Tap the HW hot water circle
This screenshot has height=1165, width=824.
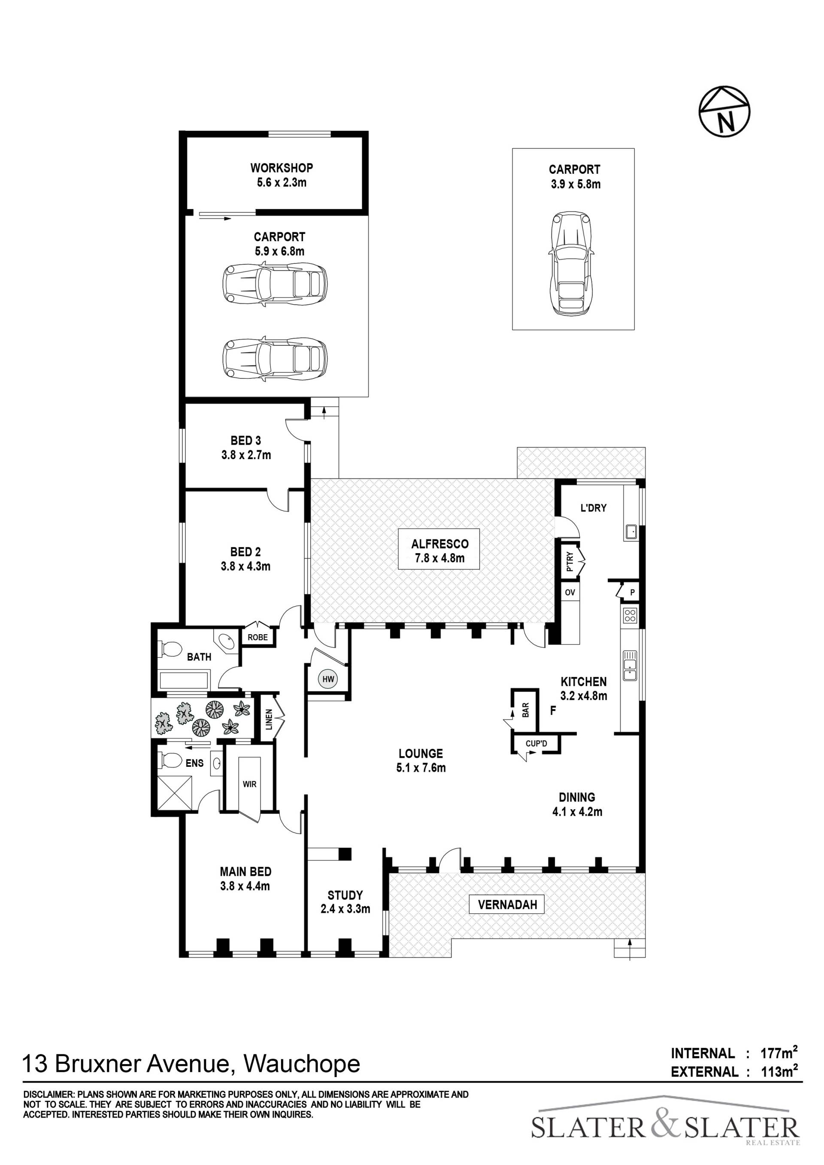coord(328,678)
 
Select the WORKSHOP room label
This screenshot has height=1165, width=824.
coord(282,167)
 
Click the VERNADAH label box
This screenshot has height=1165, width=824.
coord(507,904)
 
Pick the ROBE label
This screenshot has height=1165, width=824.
coord(258,637)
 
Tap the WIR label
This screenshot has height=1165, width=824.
coord(250,784)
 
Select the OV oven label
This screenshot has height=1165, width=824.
coord(570,592)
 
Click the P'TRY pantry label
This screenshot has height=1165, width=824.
coord(570,562)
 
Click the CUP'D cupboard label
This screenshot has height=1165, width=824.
coord(536,744)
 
